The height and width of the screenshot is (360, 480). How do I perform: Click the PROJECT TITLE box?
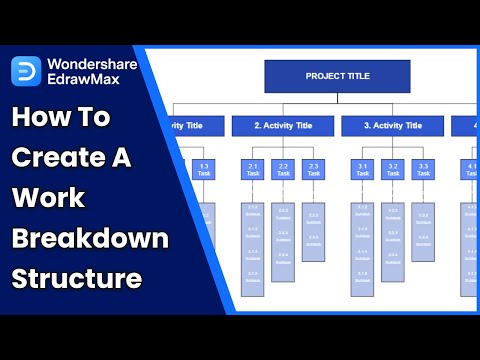(337, 76)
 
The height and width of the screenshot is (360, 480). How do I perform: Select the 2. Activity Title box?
(282, 126)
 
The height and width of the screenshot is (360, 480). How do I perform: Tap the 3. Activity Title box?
(391, 126)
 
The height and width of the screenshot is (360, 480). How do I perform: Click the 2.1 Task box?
(253, 170)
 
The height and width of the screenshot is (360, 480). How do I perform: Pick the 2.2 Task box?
(283, 170)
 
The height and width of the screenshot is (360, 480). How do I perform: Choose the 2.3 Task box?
(313, 170)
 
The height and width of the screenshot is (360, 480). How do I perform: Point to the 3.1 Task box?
(362, 170)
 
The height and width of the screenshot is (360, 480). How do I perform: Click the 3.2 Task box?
(392, 170)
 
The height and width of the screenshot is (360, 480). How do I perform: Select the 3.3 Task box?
(422, 170)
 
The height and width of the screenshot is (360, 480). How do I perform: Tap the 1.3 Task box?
(204, 170)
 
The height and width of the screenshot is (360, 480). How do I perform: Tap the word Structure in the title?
(76, 279)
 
